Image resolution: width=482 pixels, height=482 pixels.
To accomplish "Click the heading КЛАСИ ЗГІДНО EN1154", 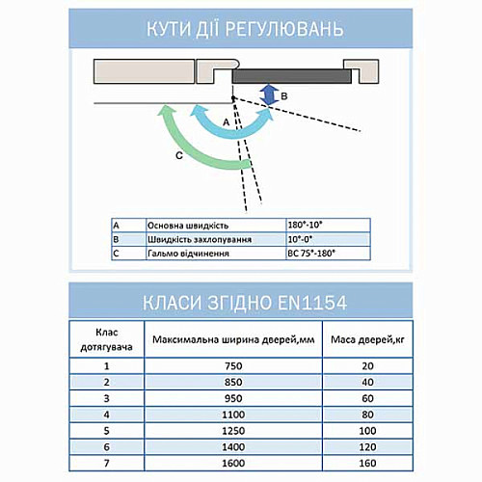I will coord(240,302).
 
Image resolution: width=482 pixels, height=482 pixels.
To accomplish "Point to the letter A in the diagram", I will coord(225,122).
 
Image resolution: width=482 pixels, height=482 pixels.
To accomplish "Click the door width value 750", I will coord(231,365).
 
